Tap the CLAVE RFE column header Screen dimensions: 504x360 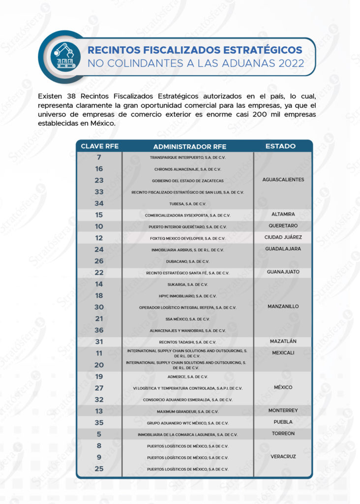pos(99,146)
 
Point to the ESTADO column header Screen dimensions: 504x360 pos(280,146)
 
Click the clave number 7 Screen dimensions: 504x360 pos(99,157)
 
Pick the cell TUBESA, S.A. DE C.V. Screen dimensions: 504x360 pos(187,204)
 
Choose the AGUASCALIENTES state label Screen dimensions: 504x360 pos(283,180)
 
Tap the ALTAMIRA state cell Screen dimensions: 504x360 pos(283,215)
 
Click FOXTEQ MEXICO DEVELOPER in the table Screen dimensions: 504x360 pos(187,238)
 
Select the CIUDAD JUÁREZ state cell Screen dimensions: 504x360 pos(283,237)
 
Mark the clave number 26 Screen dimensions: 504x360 pos(99,261)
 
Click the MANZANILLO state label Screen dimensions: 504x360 pos(283,307)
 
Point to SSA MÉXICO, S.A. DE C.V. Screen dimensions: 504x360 pos(187,319)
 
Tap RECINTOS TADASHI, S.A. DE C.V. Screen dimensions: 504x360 pos(187,342)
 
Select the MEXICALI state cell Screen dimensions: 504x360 pos(283,353)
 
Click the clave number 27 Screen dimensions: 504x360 pos(99,388)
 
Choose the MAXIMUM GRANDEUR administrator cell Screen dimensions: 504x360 pos(187,411)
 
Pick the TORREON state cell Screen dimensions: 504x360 pos(283,434)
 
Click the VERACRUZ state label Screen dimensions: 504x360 pos(283,457)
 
